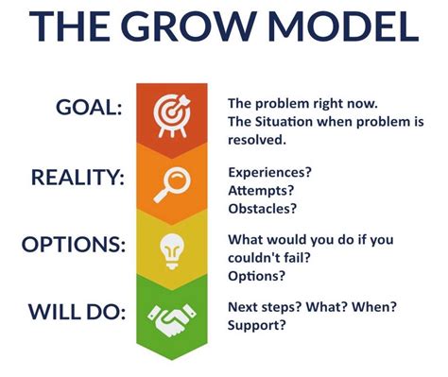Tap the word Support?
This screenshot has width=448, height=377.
(257, 325)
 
